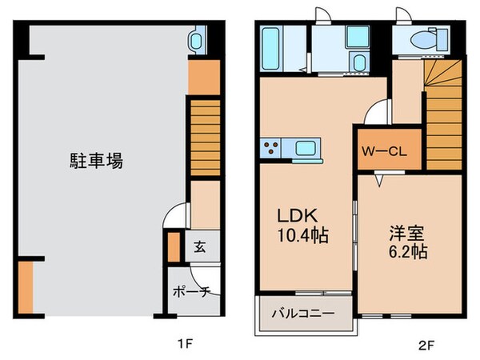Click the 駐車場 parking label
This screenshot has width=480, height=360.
pyautogui.click(x=94, y=161)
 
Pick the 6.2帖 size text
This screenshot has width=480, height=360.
pyautogui.click(x=407, y=252)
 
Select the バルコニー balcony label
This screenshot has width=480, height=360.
pyautogui.click(x=302, y=313)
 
